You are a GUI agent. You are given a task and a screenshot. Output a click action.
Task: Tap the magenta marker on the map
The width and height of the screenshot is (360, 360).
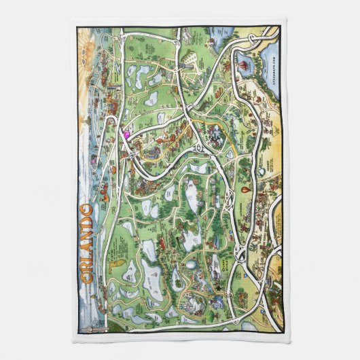pos(126,134)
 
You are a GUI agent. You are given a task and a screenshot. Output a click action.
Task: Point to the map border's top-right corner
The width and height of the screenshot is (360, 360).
pos(281,26)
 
